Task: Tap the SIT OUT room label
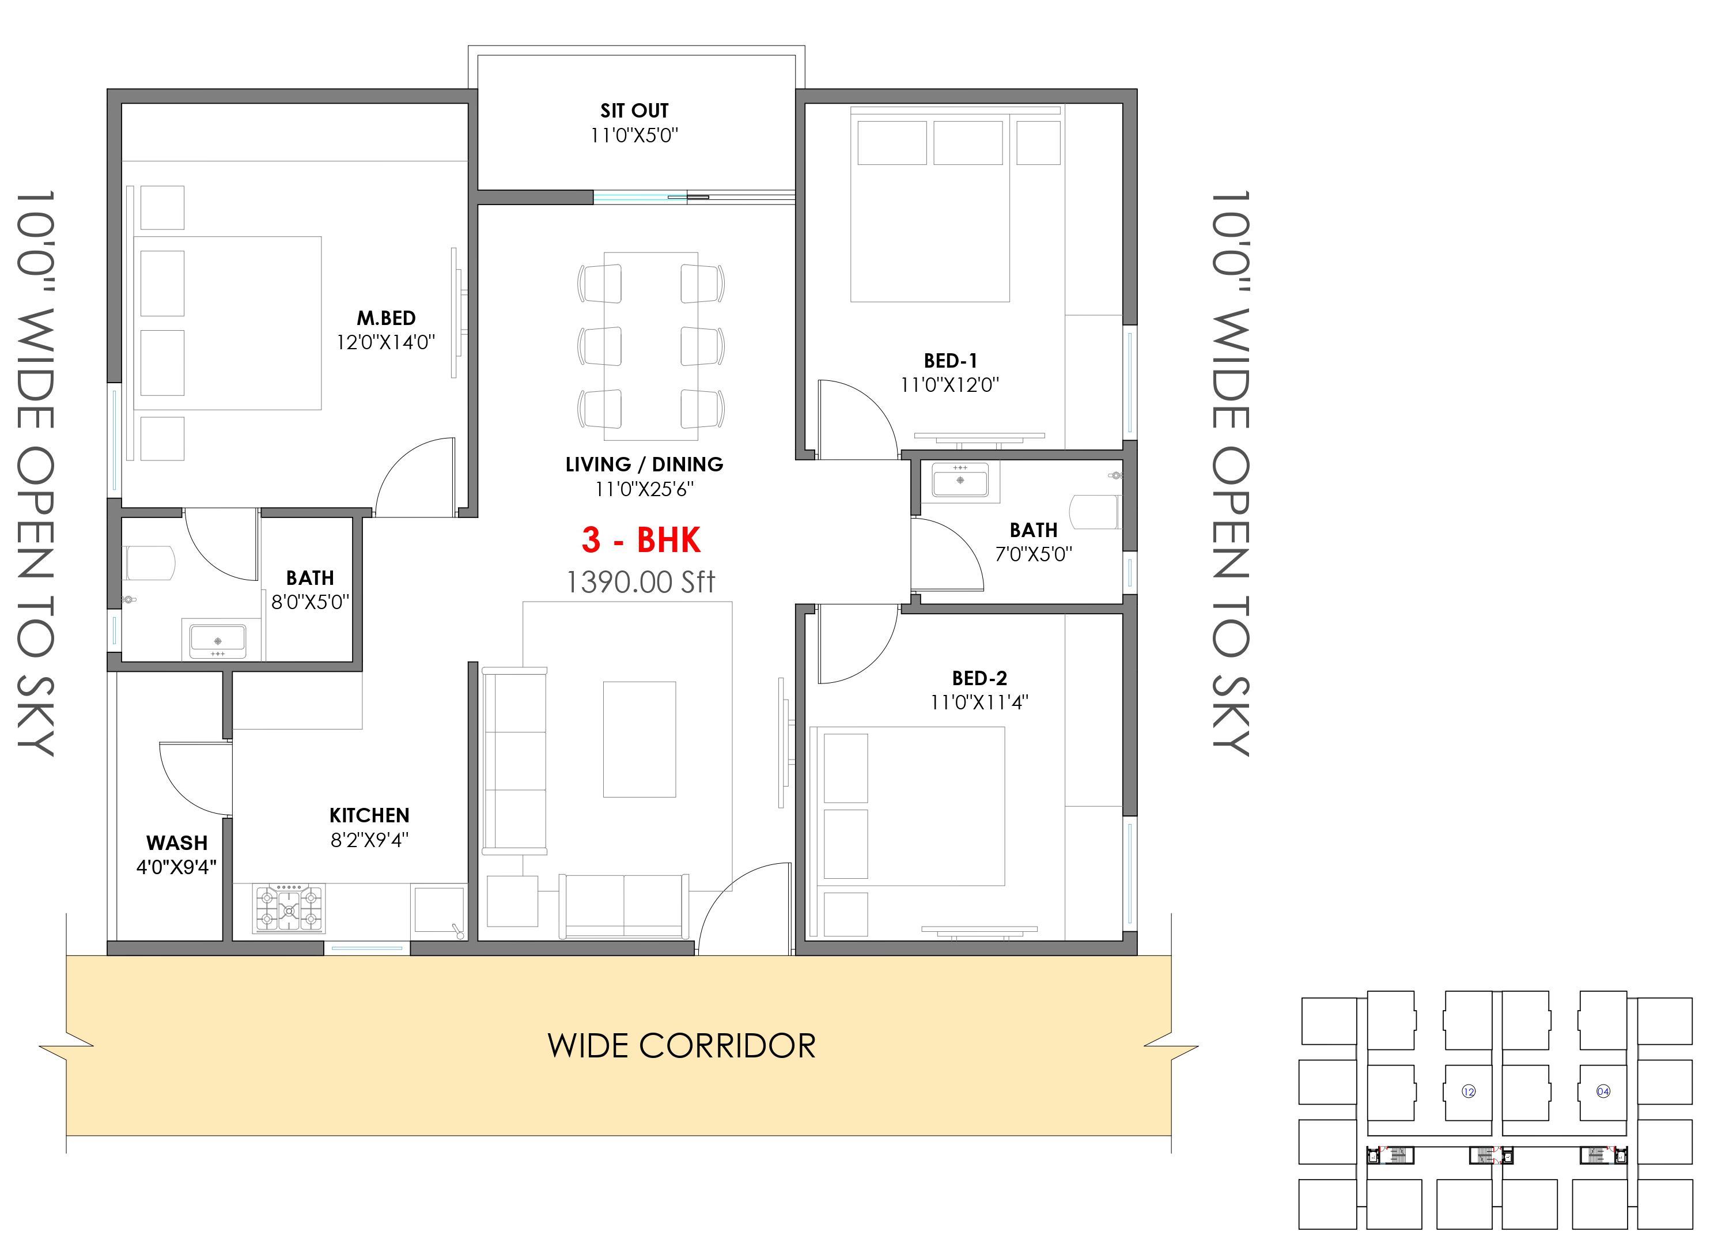click(x=634, y=111)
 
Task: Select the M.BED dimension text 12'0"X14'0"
click(x=385, y=342)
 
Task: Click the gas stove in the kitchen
click(x=289, y=908)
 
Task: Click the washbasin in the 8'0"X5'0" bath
click(x=218, y=640)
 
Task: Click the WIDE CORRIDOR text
click(x=682, y=1046)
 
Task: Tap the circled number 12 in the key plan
click(x=1469, y=1091)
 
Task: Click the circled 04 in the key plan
click(x=1603, y=1091)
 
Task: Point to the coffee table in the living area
click(x=640, y=739)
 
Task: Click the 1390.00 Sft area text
click(x=640, y=583)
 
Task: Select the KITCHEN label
click(x=369, y=815)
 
